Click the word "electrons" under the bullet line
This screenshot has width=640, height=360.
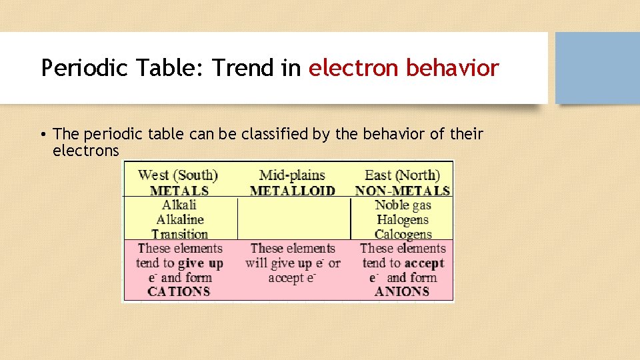[x=85, y=151]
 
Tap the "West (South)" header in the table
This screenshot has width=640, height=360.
[x=178, y=175]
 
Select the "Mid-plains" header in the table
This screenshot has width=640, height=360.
[x=292, y=175]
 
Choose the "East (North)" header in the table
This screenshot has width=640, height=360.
[x=402, y=175]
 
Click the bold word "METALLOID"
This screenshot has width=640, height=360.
[x=292, y=191]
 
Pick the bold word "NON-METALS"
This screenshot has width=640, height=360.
[x=403, y=191]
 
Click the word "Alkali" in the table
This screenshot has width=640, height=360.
[x=179, y=205]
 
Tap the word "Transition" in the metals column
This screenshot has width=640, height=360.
[x=179, y=234]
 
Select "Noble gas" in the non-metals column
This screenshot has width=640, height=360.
[x=403, y=205]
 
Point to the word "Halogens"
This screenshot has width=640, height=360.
[x=403, y=220]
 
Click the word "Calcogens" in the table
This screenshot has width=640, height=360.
[x=403, y=234]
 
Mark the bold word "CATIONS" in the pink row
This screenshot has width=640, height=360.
[x=179, y=291]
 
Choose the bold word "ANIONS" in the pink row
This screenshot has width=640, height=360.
[x=402, y=291]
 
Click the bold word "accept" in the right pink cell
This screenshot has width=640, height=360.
[x=424, y=263]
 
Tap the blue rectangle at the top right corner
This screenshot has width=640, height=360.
[x=597, y=68]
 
